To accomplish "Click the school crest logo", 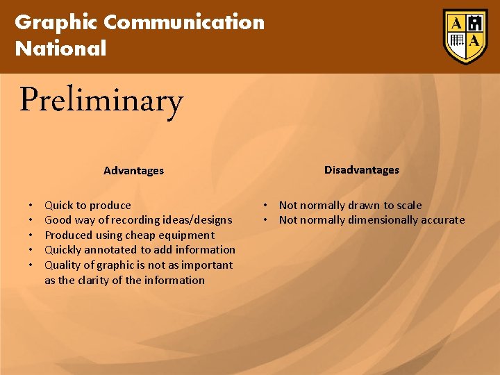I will [x=465, y=36].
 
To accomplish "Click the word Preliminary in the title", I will [x=101, y=101].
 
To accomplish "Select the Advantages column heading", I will [x=133, y=170].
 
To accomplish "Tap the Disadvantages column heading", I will [x=361, y=169].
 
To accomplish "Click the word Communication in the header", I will [x=184, y=22].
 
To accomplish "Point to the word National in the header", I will [x=61, y=49].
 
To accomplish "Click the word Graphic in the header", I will [x=56, y=22].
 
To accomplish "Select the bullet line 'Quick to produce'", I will [x=87, y=205].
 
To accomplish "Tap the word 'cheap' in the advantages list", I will [x=140, y=235].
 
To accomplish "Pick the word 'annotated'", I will [x=112, y=250].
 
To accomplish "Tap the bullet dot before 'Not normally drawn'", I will [x=265, y=205].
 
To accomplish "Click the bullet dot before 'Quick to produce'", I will [x=31, y=206].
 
